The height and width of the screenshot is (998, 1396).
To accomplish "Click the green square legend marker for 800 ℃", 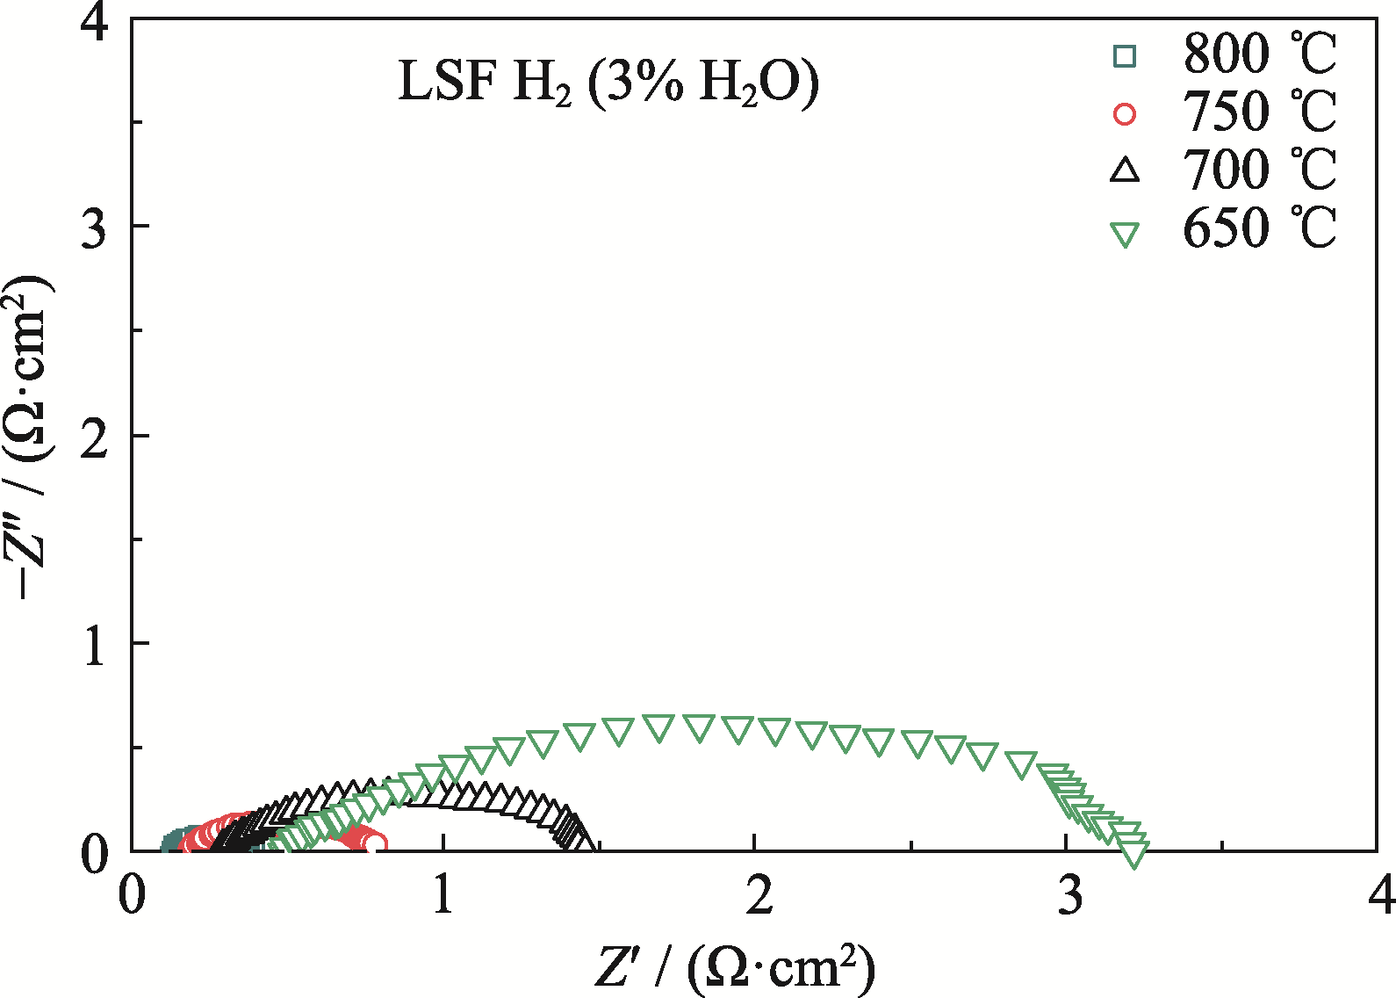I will (x=1125, y=56).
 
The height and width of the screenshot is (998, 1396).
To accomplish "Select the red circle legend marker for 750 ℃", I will (x=1125, y=114).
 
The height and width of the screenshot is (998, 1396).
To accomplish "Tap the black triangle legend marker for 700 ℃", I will (x=1125, y=170).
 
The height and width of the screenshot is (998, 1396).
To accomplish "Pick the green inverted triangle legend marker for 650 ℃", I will (x=1125, y=235).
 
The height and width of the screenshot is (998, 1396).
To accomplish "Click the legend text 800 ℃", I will (x=1258, y=54).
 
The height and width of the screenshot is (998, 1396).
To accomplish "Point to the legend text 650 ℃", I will (x=1258, y=228).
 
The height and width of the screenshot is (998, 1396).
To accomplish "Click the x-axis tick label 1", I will (x=443, y=896).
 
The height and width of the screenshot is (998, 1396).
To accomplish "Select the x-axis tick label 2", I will (x=756, y=896).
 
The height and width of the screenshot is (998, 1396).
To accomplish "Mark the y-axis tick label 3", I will (x=95, y=228).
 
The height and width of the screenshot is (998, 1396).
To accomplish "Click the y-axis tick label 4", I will (x=95, y=21).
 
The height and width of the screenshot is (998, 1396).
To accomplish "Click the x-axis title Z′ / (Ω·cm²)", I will (x=735, y=968).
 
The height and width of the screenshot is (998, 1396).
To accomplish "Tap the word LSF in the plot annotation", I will (x=447, y=83).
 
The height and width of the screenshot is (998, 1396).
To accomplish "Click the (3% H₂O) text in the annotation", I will (x=702, y=84).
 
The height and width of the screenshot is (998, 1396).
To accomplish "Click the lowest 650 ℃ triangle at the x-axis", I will (x=1134, y=852).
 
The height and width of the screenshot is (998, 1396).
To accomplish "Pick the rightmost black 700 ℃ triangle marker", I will (x=582, y=840).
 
